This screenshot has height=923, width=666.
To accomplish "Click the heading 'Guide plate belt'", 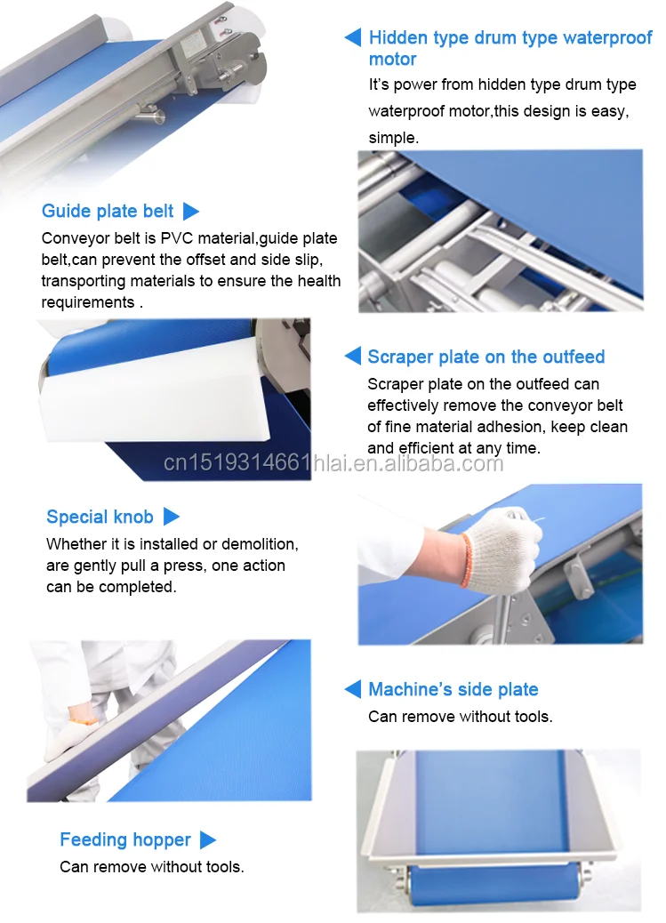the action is point(108,211).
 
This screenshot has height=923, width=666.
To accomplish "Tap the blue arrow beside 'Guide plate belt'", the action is point(191,211).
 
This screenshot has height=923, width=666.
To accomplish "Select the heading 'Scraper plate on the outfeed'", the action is point(485,357).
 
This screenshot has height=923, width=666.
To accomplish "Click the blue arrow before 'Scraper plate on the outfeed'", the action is point(352,356).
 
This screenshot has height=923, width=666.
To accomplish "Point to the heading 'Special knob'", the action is point(100,517).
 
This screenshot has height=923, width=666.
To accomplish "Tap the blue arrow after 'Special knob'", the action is point(171,517).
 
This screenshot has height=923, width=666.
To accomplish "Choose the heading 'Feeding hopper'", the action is point(125,839).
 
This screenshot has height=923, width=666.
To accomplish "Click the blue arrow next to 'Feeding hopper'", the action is point(208,840).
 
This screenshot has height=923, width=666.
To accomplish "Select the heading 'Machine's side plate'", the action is point(453,689).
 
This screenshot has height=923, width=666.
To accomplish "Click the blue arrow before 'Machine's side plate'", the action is point(352,689).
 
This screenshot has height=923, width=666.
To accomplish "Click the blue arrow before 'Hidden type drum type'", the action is point(352,37).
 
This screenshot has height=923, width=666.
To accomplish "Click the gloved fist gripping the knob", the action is point(503,550).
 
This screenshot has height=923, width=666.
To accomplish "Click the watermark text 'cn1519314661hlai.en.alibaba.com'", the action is point(333,463).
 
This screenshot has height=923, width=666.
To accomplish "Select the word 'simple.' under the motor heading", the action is point(393,139).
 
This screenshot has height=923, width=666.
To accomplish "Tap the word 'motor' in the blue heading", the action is point(392,60).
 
